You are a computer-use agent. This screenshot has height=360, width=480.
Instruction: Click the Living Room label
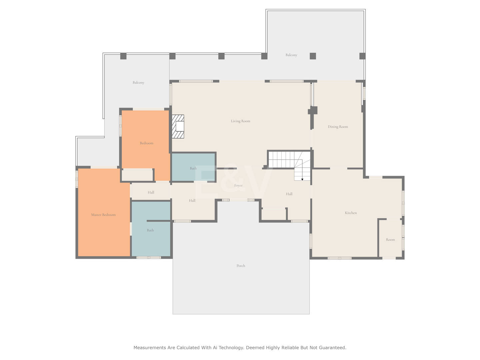click(240, 121)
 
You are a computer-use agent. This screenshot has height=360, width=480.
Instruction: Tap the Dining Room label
click(338, 127)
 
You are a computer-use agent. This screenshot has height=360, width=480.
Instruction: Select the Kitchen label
click(351, 213)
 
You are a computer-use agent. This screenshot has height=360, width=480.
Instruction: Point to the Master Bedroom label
click(103, 215)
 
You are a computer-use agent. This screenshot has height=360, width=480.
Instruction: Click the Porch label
click(241, 266)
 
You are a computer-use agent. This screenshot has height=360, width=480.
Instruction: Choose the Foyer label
click(238, 185)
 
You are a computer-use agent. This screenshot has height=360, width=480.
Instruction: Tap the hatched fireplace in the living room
click(178, 127)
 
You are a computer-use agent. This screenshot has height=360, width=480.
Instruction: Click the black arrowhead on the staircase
click(302, 179)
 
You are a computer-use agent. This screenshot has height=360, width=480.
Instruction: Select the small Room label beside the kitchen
click(390, 240)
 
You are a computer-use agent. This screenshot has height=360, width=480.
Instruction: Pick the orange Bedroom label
click(147, 143)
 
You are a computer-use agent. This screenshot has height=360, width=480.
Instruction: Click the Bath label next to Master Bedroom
click(150, 230)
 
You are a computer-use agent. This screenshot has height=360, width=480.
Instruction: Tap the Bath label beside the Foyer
click(193, 168)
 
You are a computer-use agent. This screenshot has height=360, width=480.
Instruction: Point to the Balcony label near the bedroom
click(138, 83)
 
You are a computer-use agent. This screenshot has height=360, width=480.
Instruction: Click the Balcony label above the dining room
click(291, 55)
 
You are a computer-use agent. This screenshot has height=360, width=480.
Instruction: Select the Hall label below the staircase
click(289, 194)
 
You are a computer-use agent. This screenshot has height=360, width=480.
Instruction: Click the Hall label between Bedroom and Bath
click(151, 192)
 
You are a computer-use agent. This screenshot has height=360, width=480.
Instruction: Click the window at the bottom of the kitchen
click(339, 258)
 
